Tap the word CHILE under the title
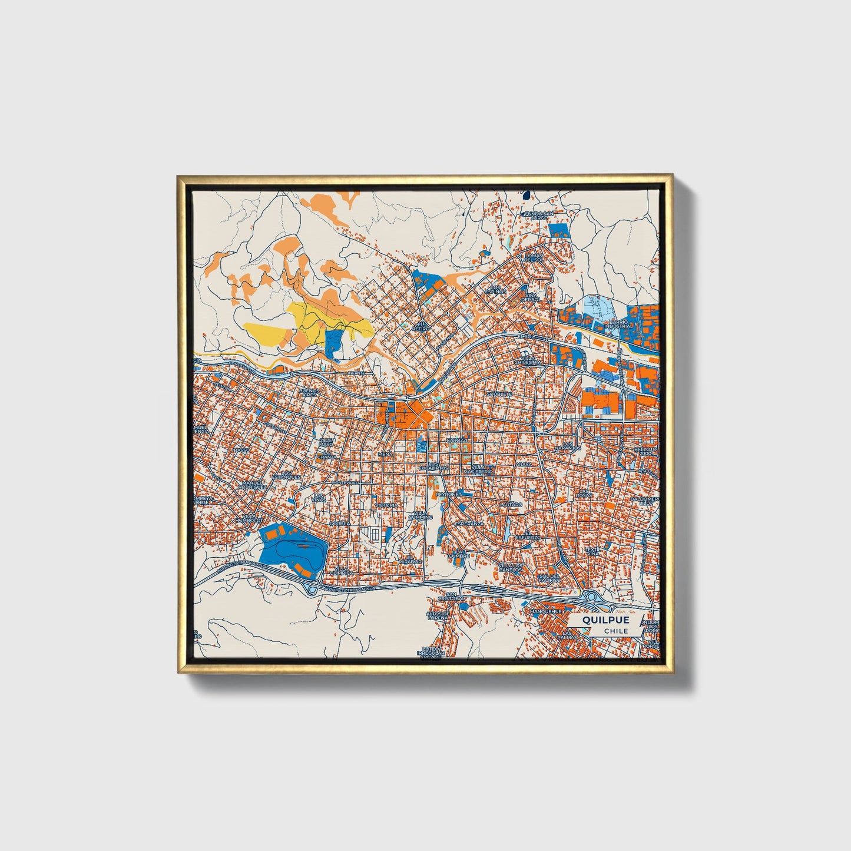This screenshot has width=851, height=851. pos(615,631)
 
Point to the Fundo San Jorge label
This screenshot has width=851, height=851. pos(539,216)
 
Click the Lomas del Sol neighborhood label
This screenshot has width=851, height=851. pos(535,257)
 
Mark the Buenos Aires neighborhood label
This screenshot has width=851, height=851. pos(309,393)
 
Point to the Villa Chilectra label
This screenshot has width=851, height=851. pos(528,360)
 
